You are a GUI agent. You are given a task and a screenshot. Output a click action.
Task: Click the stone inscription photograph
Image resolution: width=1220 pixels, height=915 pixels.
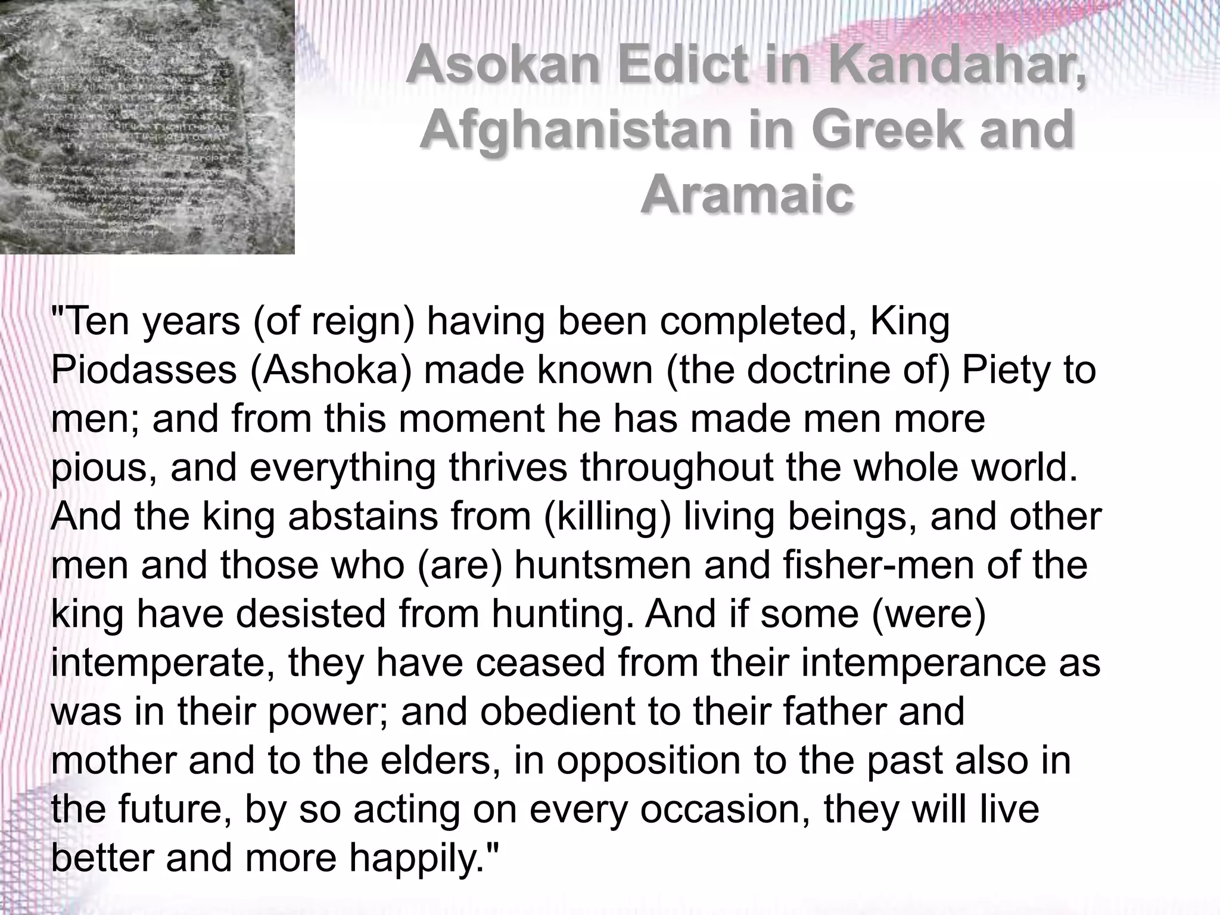(147, 126)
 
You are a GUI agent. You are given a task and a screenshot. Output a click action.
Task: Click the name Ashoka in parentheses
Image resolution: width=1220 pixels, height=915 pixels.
(331, 371)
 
